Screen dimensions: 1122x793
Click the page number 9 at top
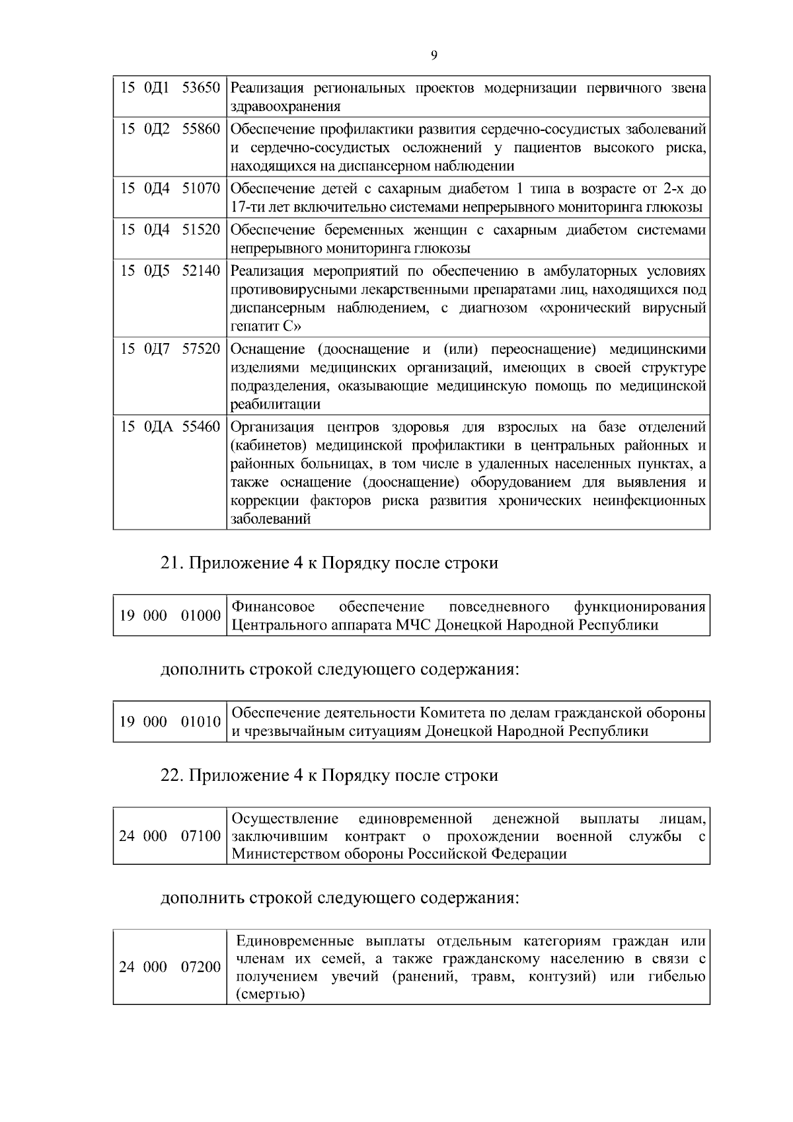434,56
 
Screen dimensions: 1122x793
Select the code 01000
201,616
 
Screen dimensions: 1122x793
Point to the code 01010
201,722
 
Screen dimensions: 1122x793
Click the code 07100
201,836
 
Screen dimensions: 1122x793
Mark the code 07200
201,967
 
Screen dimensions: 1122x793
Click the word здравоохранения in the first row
285,106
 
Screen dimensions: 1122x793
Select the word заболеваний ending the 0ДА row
270,520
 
